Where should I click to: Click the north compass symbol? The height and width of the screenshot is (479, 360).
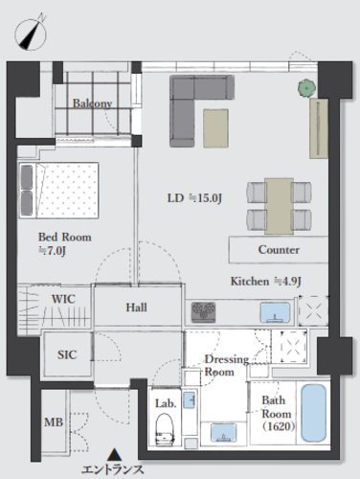coord(31,34)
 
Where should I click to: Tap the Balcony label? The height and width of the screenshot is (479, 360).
coord(92,103)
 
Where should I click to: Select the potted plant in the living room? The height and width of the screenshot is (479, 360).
coord(307,87)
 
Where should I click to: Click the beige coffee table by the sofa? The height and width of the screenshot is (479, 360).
coord(216,128)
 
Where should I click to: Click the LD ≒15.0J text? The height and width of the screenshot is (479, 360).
coord(194,198)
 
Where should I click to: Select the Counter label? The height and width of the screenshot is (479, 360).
coord(279,250)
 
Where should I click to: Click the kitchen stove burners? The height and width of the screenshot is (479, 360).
coord(203,311)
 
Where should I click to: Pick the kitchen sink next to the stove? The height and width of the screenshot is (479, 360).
coord(275,311)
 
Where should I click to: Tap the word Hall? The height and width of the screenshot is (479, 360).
coord(136,308)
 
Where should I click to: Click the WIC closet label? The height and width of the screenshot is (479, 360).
coord(63,299)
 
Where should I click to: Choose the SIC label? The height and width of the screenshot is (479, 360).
coord(67,354)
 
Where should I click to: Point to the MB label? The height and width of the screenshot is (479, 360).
coord(54,422)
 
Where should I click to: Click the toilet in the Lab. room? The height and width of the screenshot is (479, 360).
coord(165,429)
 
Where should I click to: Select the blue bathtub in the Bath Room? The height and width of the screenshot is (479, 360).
coord(314,412)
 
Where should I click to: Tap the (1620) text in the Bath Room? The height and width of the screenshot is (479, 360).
coord(279,426)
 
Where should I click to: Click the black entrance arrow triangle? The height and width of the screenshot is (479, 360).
coord(114,455)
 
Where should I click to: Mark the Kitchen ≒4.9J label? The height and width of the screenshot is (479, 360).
coord(266,282)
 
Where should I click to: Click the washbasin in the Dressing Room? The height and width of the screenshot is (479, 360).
coord(224,433)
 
